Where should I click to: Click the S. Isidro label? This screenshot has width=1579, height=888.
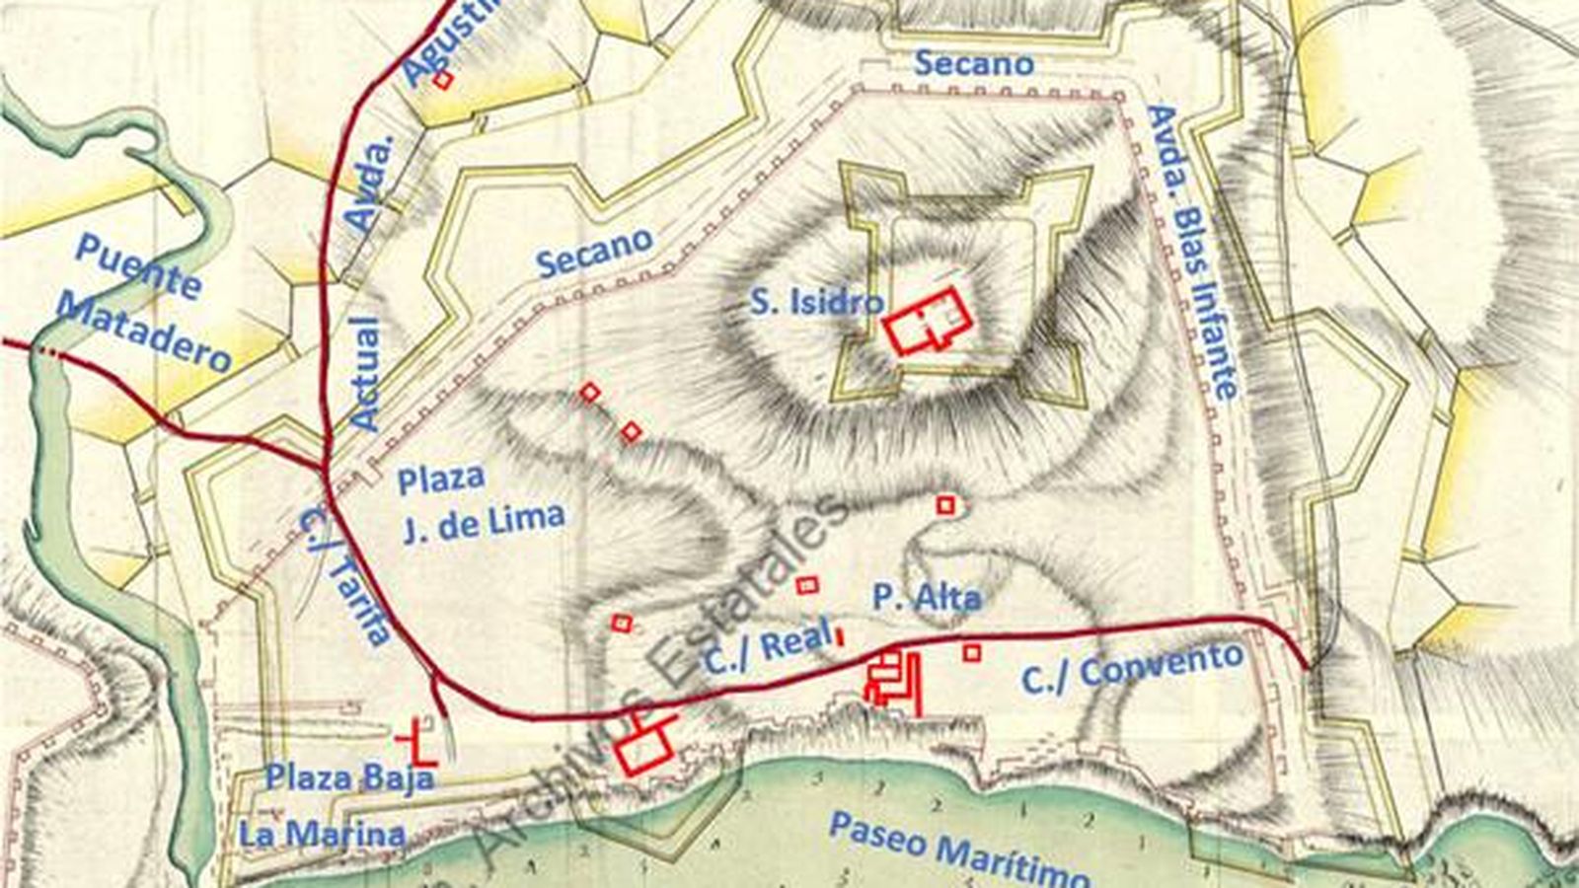point(815,301)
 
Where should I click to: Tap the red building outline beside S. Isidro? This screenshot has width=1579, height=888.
point(928,321)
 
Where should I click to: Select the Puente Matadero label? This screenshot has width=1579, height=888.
point(143,301)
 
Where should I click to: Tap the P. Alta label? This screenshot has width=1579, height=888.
point(927,597)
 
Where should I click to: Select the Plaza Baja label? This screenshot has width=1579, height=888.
point(349,777)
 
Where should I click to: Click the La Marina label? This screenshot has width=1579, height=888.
point(322,835)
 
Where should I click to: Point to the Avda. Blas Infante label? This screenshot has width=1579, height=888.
point(1193,252)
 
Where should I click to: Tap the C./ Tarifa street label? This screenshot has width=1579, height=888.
point(345,572)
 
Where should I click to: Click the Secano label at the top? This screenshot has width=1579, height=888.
point(973,63)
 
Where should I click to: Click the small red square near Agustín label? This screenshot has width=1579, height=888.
point(443,80)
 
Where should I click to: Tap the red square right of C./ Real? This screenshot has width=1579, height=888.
point(972,652)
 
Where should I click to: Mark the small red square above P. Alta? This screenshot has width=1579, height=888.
point(945,505)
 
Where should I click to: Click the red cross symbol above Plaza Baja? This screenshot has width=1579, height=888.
point(417,744)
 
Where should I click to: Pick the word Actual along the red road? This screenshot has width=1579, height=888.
point(364,374)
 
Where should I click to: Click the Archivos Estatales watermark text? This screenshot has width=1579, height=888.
point(661,671)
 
